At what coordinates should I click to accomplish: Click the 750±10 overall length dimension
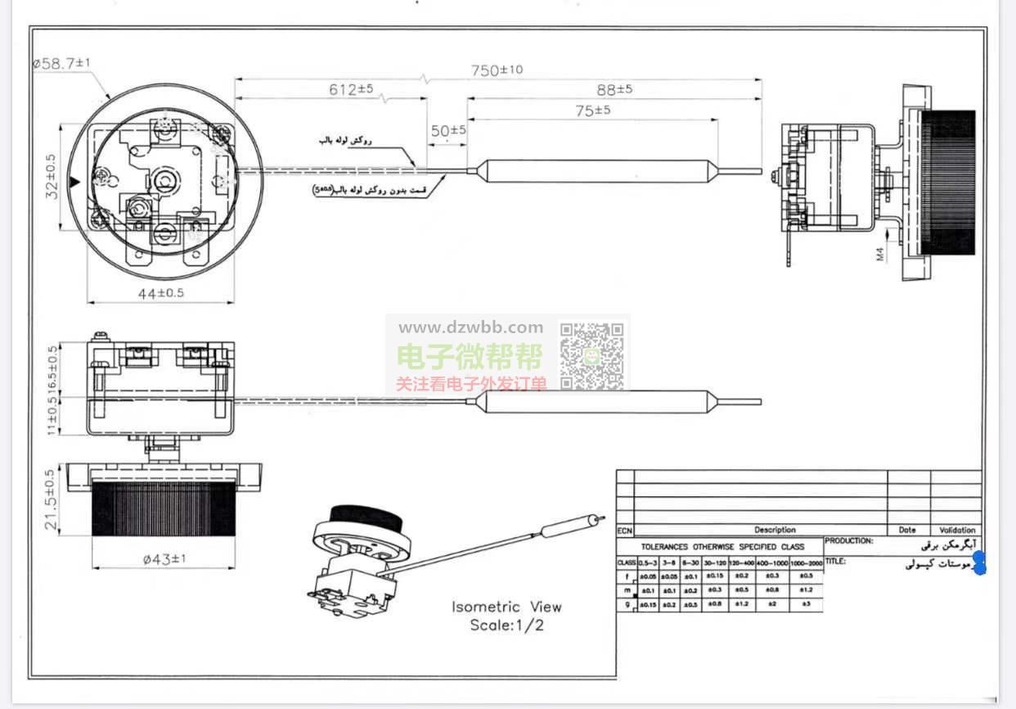[x=497, y=71]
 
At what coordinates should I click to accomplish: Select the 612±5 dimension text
[x=352, y=89]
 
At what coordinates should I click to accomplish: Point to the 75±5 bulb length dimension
[x=592, y=111]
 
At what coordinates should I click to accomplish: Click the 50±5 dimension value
[x=448, y=130]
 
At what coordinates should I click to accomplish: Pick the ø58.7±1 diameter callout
[x=62, y=63]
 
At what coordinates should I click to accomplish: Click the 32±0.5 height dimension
[x=52, y=178]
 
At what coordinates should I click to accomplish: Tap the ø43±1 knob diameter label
[x=164, y=559]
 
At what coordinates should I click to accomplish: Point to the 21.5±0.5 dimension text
[x=51, y=499]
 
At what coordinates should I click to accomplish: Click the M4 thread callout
[x=881, y=254]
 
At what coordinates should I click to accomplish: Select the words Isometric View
[x=506, y=607]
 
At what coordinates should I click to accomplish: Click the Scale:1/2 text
[x=506, y=625]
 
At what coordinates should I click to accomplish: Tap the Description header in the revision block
[x=774, y=530]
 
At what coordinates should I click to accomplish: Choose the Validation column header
[x=957, y=530]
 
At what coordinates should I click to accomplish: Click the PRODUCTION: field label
[x=849, y=541]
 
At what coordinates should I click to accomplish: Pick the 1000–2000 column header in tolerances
[x=806, y=563]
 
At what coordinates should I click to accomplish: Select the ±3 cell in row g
[x=806, y=604]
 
